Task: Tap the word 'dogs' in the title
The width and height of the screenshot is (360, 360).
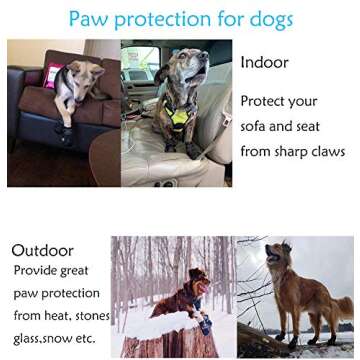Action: click(266, 19)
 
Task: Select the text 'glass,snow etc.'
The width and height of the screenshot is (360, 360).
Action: click(56, 339)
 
